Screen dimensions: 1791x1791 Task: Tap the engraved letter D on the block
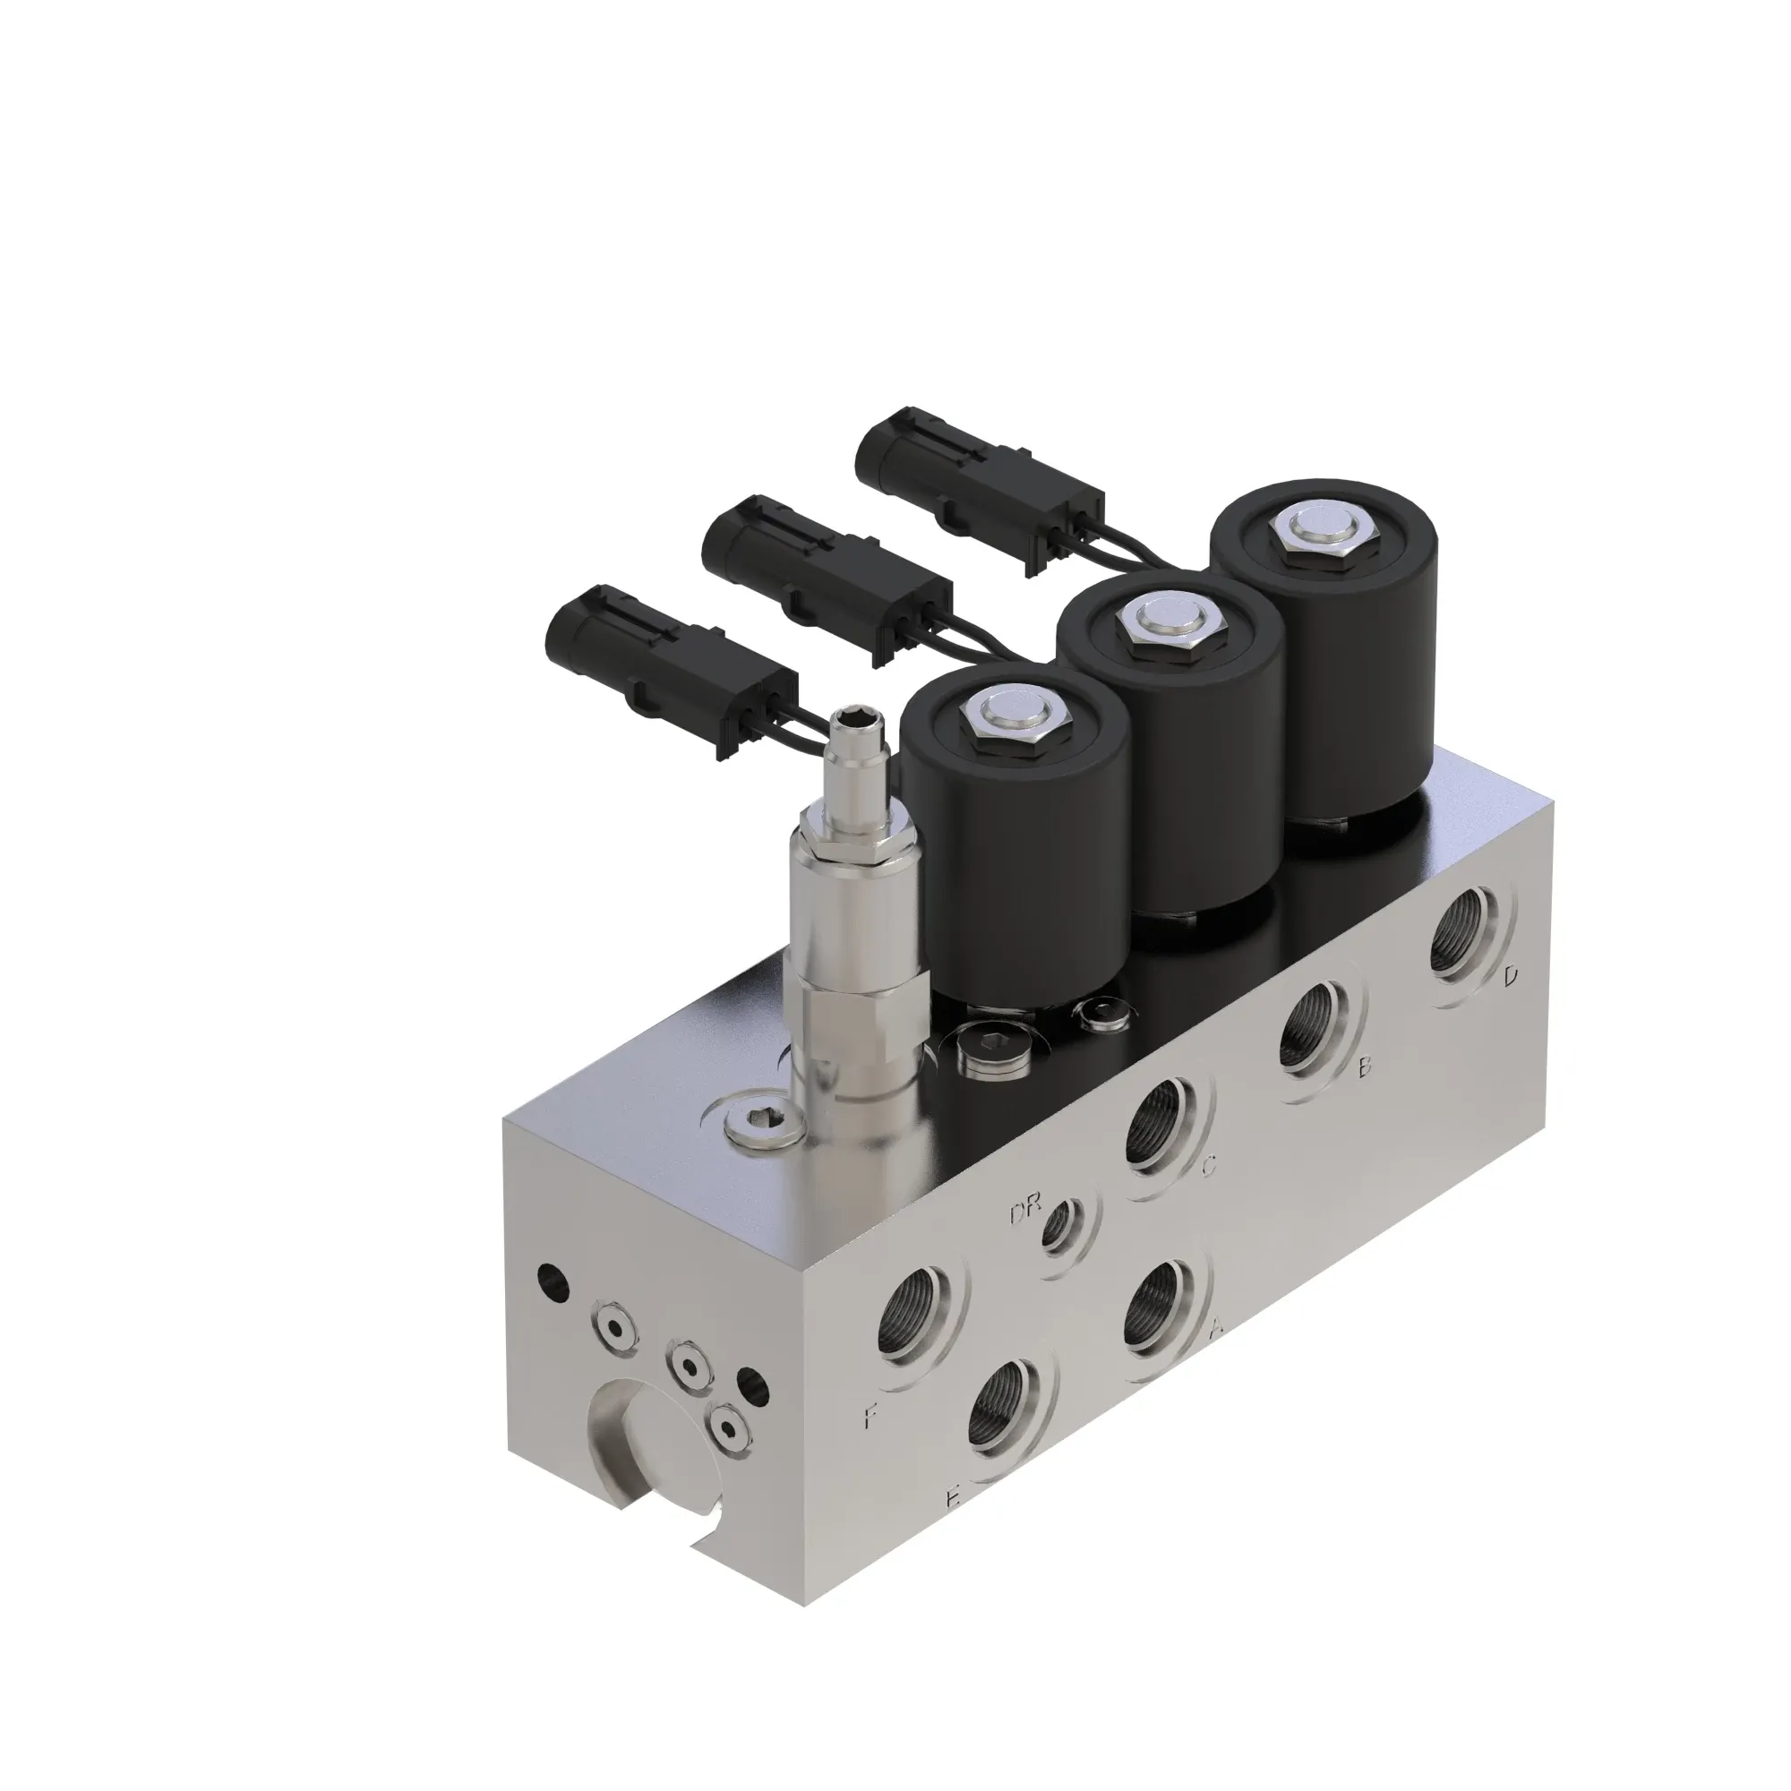tap(1511, 975)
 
